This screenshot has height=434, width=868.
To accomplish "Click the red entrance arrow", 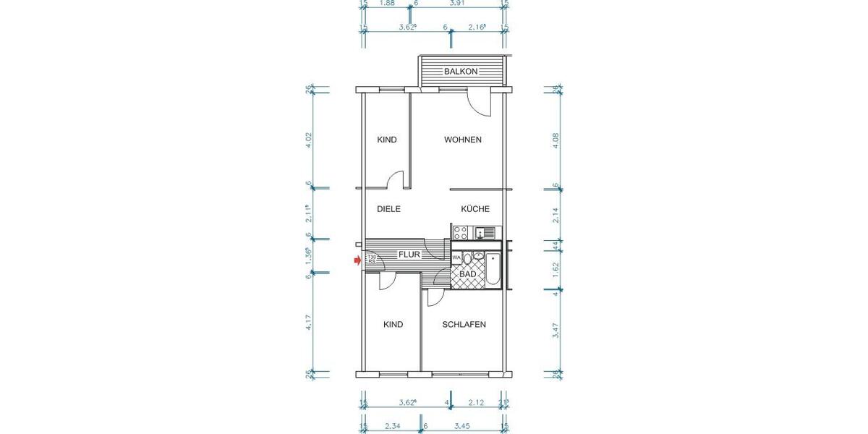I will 357,260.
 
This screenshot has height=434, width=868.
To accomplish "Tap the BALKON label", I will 461,71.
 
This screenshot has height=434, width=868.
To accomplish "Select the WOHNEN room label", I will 463,140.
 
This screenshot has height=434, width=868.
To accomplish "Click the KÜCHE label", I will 475,209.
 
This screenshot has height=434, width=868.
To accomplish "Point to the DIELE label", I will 388,209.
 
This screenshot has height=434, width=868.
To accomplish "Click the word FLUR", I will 409,255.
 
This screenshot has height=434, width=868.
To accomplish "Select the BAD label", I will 467,274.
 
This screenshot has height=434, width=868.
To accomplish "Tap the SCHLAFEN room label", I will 464,324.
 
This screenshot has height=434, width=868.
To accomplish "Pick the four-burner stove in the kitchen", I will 460,233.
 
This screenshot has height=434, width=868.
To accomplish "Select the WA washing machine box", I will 456,258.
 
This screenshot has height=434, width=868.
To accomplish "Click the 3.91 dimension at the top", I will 457,3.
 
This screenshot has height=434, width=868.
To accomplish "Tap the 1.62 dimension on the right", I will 556,265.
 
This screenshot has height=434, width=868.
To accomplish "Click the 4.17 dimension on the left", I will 310,322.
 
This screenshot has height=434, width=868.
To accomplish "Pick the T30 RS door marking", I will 371,260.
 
